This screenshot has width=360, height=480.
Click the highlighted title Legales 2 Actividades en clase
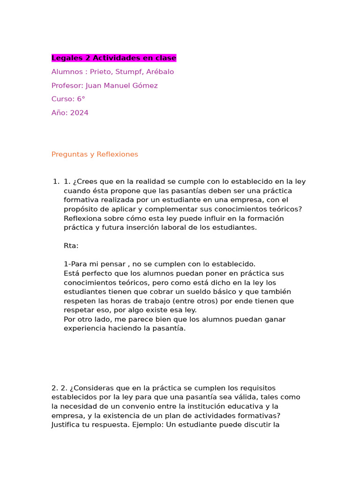click(x=114, y=58)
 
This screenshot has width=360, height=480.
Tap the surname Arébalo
click(x=160, y=72)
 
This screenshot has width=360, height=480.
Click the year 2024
click(x=79, y=113)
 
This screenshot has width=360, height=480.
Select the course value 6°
click(x=81, y=99)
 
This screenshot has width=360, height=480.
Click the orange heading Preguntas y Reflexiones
click(x=95, y=154)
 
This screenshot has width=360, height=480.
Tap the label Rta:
click(x=71, y=246)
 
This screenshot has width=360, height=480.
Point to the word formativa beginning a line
click(x=81, y=200)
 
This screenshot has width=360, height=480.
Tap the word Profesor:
click(x=67, y=85)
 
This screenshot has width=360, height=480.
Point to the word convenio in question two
click(x=134, y=406)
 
